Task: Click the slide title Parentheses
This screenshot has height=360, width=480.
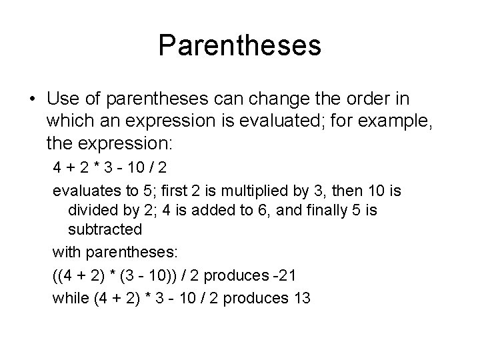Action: click(240, 46)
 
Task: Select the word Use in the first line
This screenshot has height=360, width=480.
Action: click(64, 99)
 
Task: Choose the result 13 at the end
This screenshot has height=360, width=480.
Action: click(301, 298)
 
